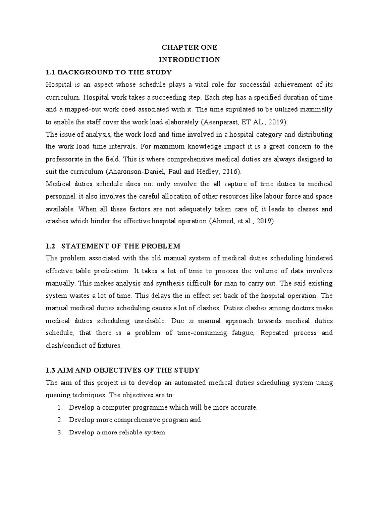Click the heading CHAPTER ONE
(x=189, y=47)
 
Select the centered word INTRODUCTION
(x=189, y=59)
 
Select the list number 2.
(x=60, y=420)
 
